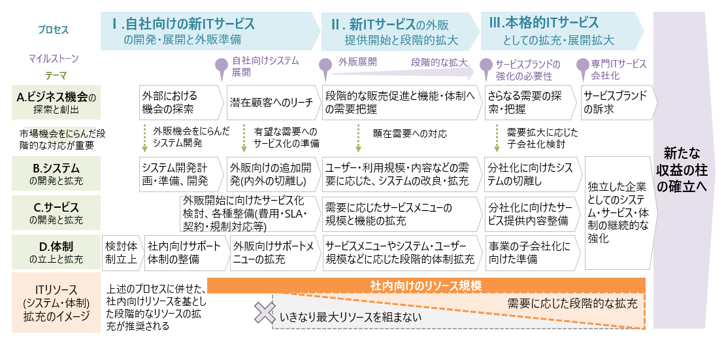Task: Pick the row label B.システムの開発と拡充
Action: click(56, 173)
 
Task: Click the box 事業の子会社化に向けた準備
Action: click(531, 253)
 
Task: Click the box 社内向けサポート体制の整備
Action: click(183, 253)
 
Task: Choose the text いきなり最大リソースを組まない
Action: click(350, 318)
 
